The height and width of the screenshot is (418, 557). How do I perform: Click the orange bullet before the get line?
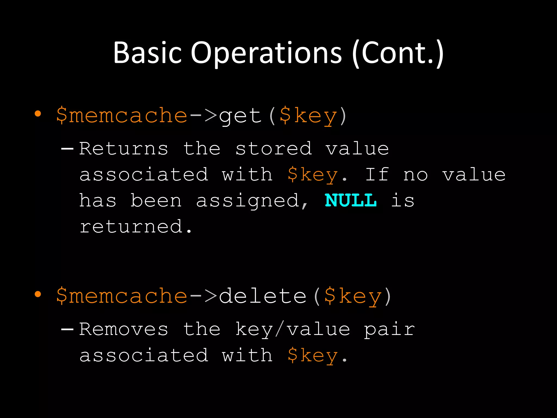pyautogui.click(x=38, y=114)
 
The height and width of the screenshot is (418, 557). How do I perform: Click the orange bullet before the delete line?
pyautogui.click(x=38, y=294)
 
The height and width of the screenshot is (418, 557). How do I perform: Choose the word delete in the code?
pyautogui.click(x=263, y=296)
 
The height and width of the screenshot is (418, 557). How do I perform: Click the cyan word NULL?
pyautogui.click(x=351, y=201)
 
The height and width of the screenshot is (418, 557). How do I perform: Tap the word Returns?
pyautogui.click(x=124, y=149)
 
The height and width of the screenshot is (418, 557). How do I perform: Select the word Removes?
pyautogui.click(x=124, y=329)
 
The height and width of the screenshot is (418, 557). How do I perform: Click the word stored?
pyautogui.click(x=273, y=149)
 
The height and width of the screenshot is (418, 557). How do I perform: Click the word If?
pyautogui.click(x=376, y=174)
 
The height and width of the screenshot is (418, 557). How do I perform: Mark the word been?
pyautogui.click(x=156, y=201)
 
